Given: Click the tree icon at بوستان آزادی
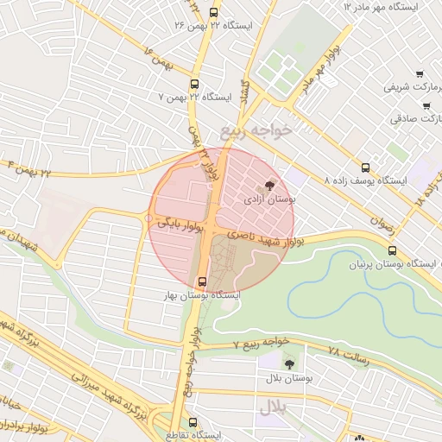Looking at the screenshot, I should click(x=270, y=185).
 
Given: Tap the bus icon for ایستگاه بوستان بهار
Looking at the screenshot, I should click(x=202, y=281).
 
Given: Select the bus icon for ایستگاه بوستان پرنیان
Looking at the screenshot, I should click(x=393, y=251).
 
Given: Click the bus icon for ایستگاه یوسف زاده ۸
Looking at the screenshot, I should click(x=365, y=167).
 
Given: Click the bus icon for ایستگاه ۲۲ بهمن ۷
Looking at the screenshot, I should click(x=193, y=85).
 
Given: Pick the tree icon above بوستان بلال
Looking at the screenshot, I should click(x=288, y=364).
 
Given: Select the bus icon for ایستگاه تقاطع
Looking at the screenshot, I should click(x=193, y=422).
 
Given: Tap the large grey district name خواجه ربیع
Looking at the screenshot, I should click(x=256, y=129).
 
